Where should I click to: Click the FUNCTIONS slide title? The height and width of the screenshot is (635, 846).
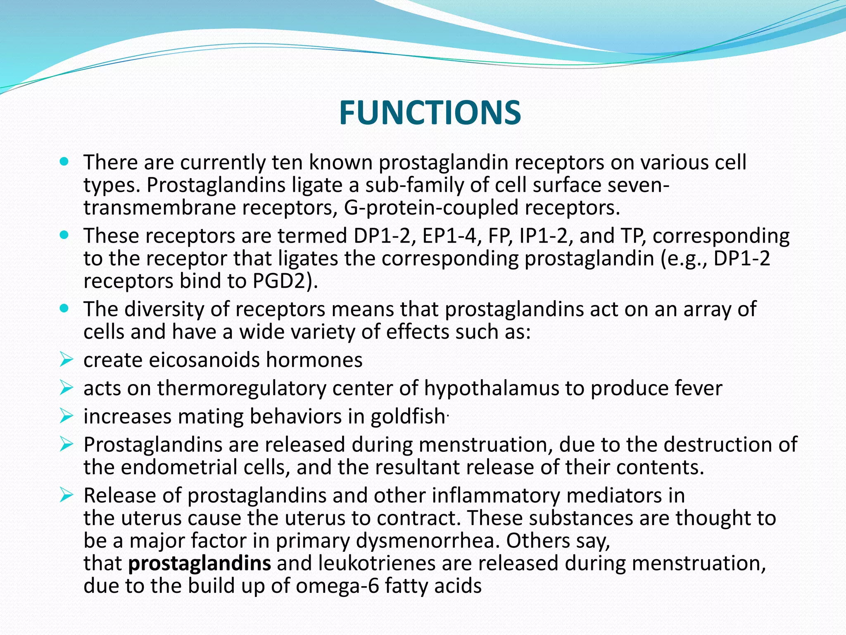(430, 113)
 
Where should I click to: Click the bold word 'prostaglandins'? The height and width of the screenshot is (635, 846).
(200, 563)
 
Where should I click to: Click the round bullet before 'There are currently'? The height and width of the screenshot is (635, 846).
(64, 162)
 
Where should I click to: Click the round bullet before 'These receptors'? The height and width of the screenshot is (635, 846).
(64, 235)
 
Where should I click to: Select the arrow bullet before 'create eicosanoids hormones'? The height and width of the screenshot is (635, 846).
(66, 359)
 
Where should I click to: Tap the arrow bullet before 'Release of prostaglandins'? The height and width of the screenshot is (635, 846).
(66, 494)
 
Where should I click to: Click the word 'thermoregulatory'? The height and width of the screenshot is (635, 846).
(242, 388)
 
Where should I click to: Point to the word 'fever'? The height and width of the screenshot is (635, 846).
(698, 388)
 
